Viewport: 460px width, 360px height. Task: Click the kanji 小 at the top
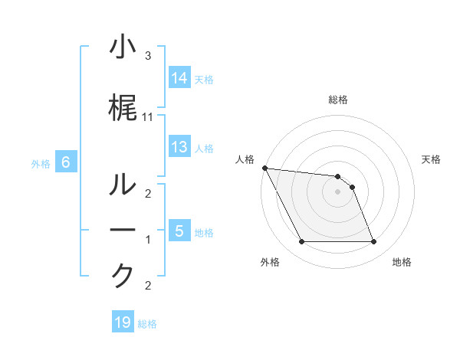123,47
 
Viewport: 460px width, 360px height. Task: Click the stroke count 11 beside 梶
148,116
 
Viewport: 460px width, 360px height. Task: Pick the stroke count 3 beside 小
148,56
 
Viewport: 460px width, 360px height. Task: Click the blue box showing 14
179,78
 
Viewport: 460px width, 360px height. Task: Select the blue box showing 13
179,147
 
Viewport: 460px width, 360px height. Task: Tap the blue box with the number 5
179,231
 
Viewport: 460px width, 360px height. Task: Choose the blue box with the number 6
66,162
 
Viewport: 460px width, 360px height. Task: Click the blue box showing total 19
123,323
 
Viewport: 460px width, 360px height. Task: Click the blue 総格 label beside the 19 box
147,324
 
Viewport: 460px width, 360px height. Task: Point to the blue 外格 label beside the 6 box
41,163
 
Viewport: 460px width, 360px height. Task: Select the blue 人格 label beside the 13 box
204,148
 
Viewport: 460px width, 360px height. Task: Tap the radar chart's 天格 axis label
432,159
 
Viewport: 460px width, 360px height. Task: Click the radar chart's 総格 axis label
338,100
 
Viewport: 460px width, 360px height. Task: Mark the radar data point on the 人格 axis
264,168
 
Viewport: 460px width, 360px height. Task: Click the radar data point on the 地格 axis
373,242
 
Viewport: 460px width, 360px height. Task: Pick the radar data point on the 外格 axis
301,242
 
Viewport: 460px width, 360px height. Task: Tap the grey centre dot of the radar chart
337,191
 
